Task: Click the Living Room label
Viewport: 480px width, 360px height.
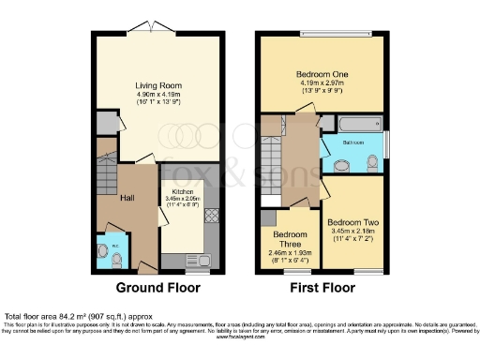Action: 157,85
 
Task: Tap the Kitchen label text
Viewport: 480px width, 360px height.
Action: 182,191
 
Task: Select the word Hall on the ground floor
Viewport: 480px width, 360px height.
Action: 128,198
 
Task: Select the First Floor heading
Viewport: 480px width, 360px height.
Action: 322,289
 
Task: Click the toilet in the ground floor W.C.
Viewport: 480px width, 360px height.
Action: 103,250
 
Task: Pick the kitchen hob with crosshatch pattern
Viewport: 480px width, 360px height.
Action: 212,215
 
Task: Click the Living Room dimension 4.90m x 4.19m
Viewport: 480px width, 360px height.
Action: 157,95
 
